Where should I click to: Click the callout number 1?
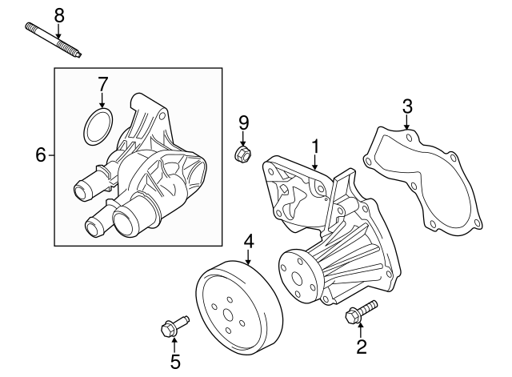[x=315, y=146]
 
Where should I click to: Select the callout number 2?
[x=362, y=346]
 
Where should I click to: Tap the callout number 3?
[x=407, y=105]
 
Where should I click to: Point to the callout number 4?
[x=249, y=240]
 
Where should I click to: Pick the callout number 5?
[x=175, y=362]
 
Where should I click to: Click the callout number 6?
[x=41, y=154]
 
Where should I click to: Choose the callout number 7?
[x=102, y=84]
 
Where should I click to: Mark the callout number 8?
[x=58, y=14]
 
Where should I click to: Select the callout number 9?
[x=243, y=122]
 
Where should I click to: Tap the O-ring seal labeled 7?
[x=98, y=126]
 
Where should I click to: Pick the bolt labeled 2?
[x=359, y=313]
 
